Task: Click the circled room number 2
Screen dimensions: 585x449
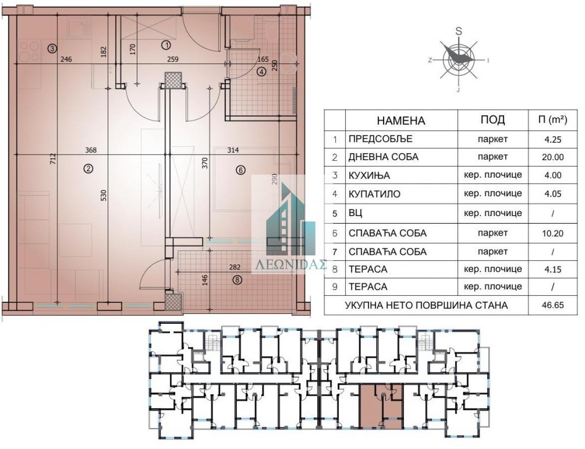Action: tap(88, 169)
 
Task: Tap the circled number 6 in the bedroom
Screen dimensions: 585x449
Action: tap(241, 170)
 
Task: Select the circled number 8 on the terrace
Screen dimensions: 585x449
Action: tap(237, 279)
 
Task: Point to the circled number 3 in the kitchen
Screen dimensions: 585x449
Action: tap(52, 48)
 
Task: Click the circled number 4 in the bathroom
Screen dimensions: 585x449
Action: tap(261, 71)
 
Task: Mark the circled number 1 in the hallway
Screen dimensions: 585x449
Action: tap(166, 45)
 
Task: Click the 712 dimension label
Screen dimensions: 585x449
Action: tap(53, 159)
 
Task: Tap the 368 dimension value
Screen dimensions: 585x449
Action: tap(91, 150)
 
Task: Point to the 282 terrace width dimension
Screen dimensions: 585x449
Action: tap(235, 267)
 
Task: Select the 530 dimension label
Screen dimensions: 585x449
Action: tap(104, 196)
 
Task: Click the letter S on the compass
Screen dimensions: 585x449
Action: tap(458, 31)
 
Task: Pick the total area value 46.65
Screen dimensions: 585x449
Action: tap(553, 305)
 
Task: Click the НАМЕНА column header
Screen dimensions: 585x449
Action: tap(400, 121)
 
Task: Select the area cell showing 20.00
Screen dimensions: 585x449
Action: tap(553, 157)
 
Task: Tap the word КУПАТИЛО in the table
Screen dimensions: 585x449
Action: tap(374, 194)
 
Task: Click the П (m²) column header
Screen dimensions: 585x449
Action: tap(553, 119)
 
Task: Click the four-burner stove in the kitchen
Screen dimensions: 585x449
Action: tap(29, 51)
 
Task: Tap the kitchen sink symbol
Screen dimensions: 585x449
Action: tap(79, 28)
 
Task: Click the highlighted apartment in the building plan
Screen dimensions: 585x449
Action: tap(382, 407)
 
